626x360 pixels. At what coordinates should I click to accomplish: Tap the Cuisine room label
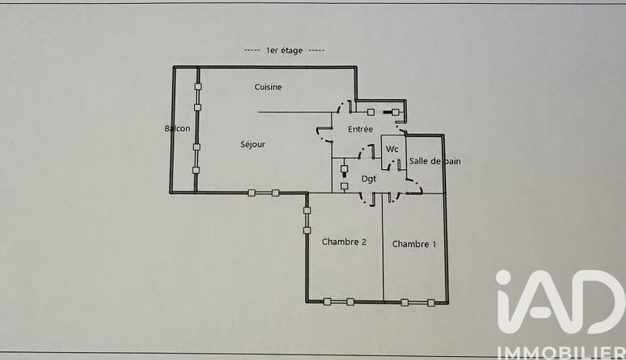pos(268,87)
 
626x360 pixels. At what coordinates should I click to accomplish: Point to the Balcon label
pos(178,128)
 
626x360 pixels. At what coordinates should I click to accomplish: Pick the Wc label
pos(393,149)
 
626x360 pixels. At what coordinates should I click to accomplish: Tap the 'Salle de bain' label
pos(434,160)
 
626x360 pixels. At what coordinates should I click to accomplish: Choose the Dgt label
pos(369,178)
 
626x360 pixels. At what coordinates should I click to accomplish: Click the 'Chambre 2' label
pos(344,242)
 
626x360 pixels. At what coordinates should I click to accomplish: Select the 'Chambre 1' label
pos(415,244)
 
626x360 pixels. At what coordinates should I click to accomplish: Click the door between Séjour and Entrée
pos(324,137)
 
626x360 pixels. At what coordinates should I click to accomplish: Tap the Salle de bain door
pos(412,187)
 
